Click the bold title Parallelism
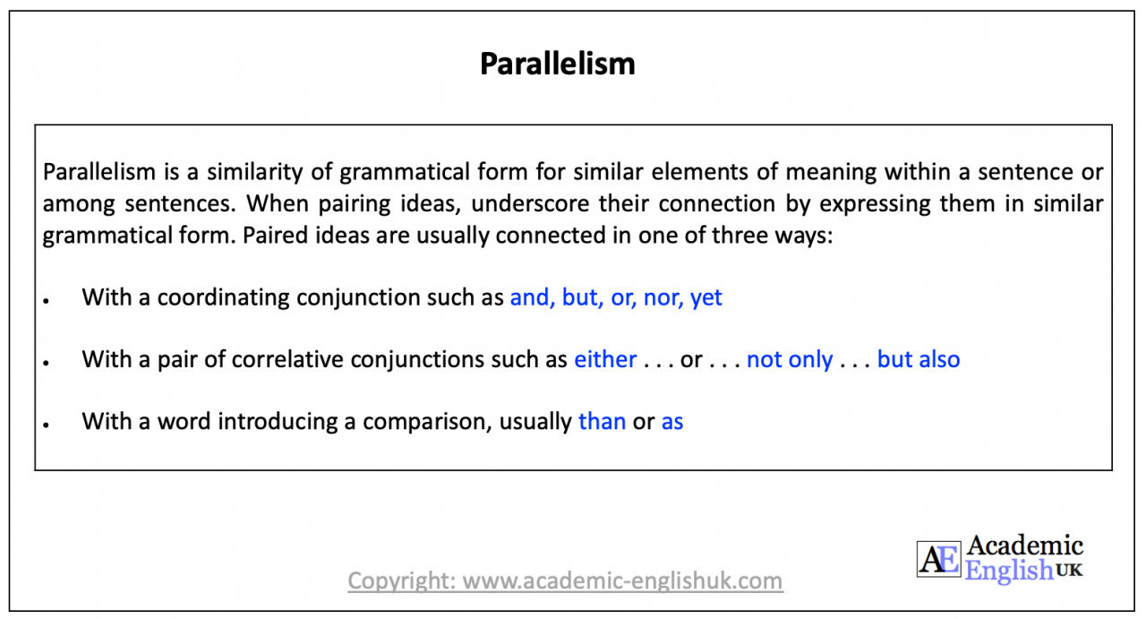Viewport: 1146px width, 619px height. (557, 64)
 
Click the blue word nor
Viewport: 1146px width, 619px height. (662, 297)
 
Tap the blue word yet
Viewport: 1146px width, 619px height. (706, 298)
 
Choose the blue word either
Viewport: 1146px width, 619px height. (605, 359)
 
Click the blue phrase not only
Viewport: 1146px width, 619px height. (790, 359)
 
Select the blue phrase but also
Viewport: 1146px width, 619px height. (919, 359)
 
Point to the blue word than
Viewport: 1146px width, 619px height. (602, 421)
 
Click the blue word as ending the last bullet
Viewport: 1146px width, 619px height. (672, 422)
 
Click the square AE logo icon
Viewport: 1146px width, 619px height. (937, 558)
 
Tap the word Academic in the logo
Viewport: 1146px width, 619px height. (1024, 546)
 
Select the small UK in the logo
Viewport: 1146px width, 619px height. (1069, 570)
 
